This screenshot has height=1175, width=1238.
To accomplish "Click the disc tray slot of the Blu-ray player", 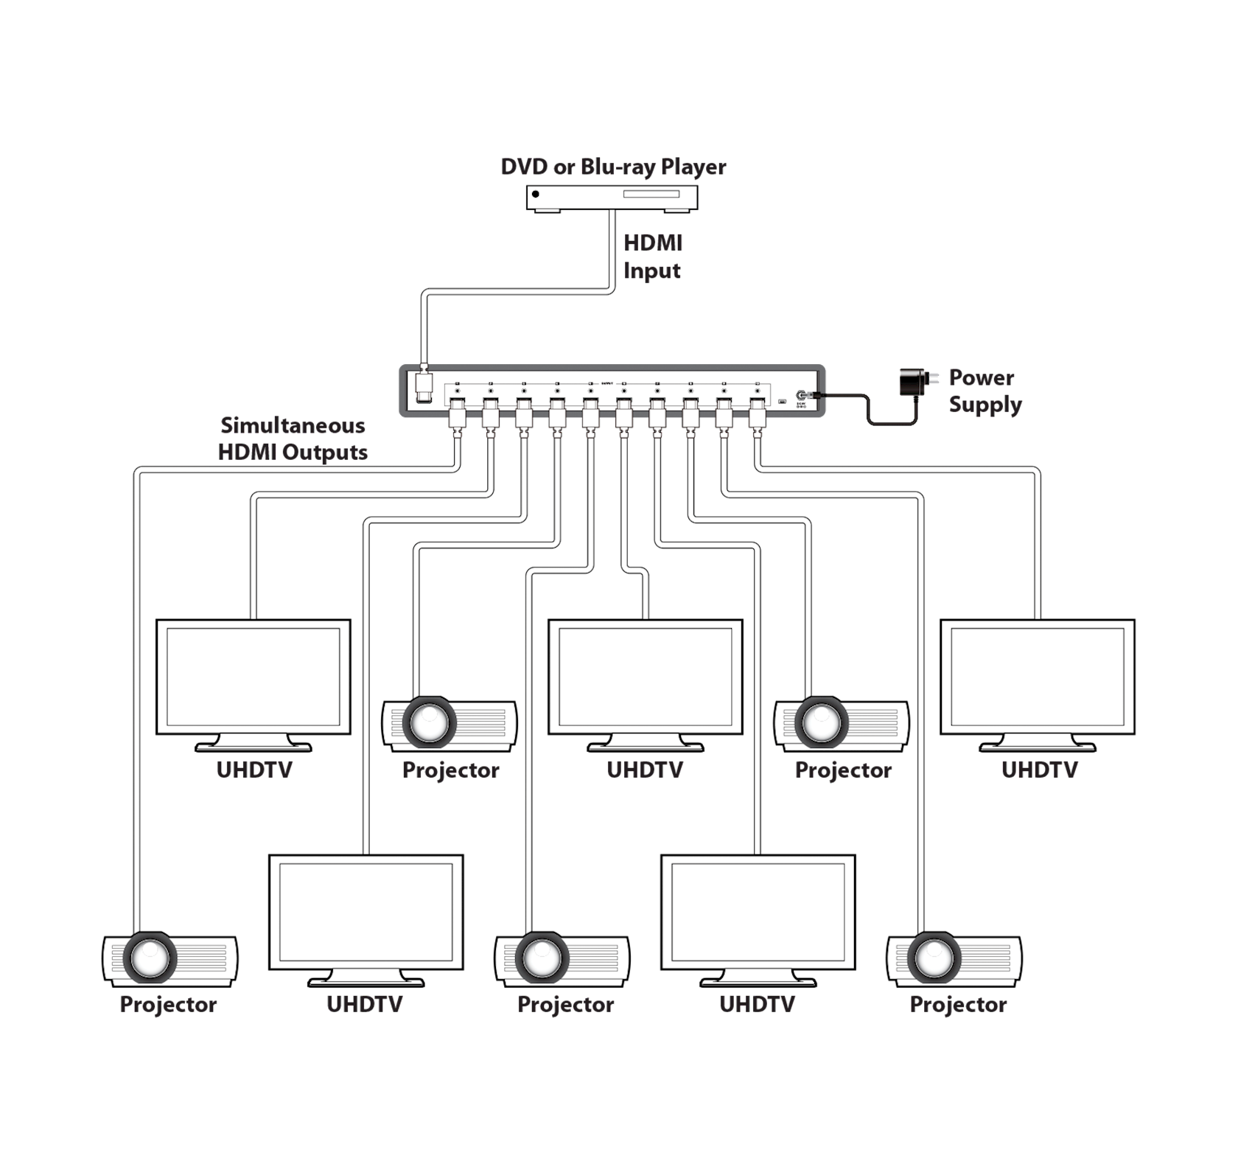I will [x=651, y=195].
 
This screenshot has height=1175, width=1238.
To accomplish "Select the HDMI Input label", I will [x=653, y=257].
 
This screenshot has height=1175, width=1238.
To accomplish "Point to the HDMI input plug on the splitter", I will [x=424, y=385].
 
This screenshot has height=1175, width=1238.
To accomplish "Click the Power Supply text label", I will [x=985, y=391].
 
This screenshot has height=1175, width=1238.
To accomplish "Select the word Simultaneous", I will [x=293, y=425].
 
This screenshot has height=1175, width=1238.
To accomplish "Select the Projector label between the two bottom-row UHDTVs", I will [x=565, y=1004].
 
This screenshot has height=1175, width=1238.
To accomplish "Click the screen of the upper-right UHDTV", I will [x=1038, y=677].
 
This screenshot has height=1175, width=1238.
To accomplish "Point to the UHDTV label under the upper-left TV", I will [x=254, y=770].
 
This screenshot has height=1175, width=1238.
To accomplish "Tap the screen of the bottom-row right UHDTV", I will [x=758, y=912].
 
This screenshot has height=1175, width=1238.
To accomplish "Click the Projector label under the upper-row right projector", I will [x=843, y=770].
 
